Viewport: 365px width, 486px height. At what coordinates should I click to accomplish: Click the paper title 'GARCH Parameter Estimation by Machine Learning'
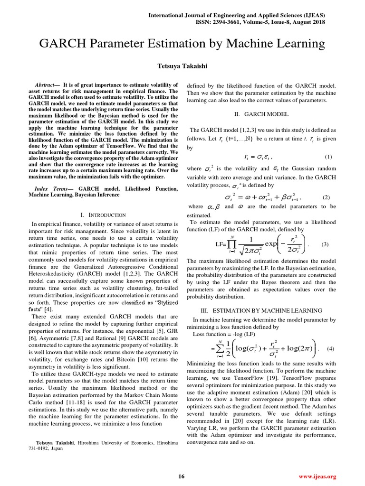[182, 44]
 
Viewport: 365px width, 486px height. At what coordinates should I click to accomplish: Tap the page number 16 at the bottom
[182, 477]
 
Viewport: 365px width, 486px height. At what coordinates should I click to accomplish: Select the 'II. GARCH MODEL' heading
[261, 114]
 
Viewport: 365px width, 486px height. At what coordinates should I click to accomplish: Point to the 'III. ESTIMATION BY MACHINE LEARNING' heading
[261, 310]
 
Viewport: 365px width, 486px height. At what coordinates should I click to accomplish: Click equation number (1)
[328, 157]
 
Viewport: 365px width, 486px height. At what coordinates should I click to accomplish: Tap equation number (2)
[326, 197]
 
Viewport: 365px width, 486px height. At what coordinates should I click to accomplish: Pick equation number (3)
[325, 244]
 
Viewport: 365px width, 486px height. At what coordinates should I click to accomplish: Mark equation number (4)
[331, 349]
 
